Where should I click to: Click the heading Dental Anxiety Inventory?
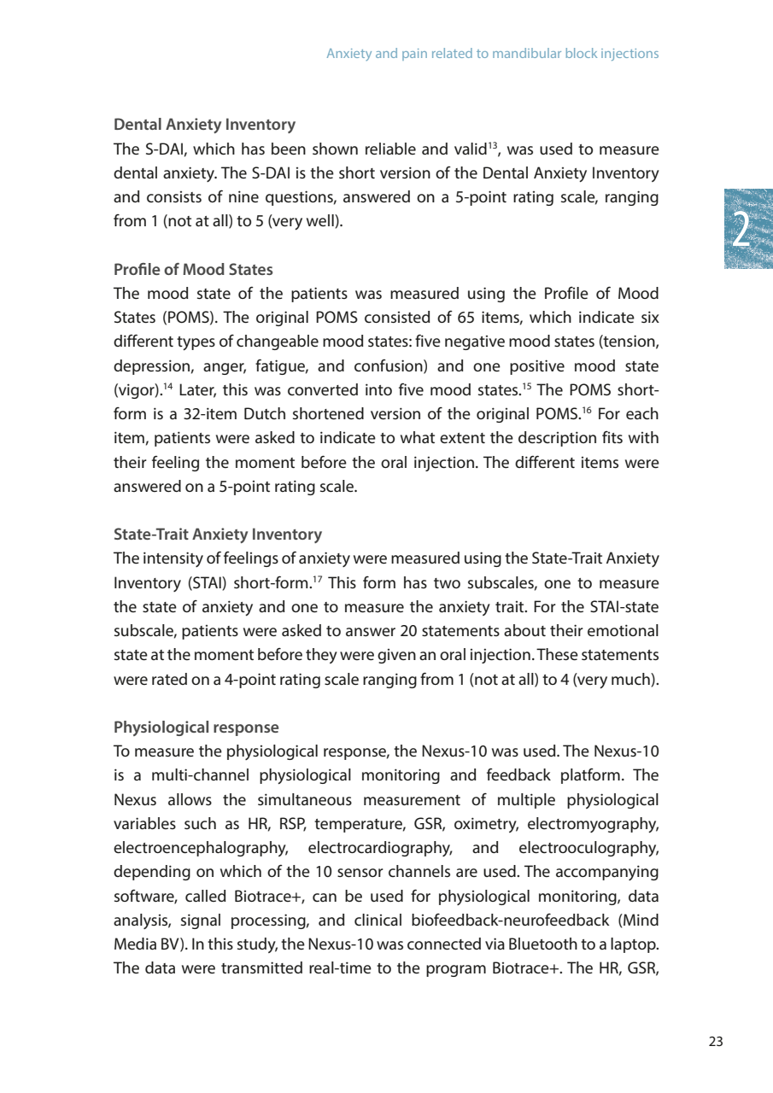tap(205, 126)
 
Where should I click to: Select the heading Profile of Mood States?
tap(193, 270)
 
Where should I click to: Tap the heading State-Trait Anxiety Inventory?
tap(218, 535)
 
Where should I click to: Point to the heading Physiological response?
tap(196, 728)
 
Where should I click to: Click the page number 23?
tap(716, 1041)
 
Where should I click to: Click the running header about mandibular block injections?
tap(492, 54)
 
